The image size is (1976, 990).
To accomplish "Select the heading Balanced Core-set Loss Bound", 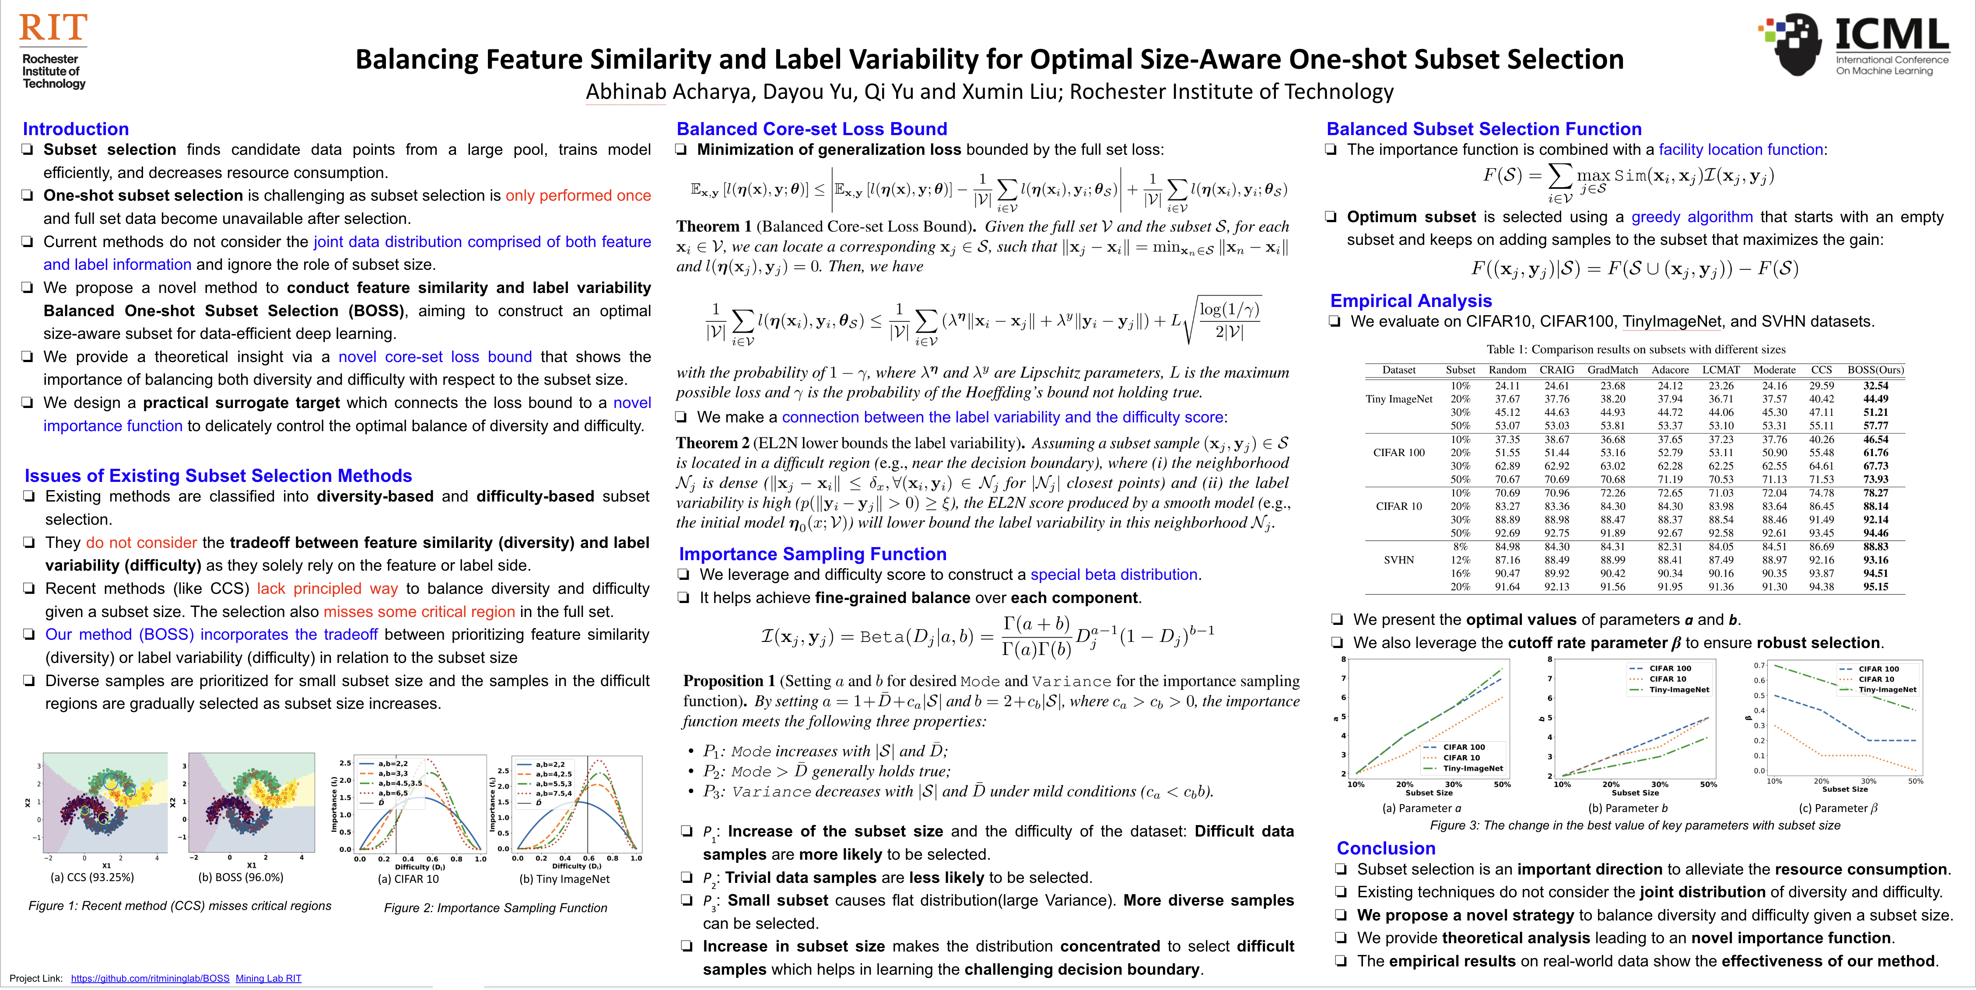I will (x=812, y=129).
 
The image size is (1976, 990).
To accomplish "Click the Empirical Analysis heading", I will (x=1411, y=300).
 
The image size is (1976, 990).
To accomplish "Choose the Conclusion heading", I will (x=1385, y=848).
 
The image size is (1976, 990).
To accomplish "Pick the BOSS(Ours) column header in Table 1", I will (x=1875, y=370).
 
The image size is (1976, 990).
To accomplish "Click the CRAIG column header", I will (x=1556, y=370).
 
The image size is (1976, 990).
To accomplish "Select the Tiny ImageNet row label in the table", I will (x=1398, y=399).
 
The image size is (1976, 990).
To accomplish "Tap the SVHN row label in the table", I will (x=1398, y=560).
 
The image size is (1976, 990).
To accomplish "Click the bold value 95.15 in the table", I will (x=1875, y=587).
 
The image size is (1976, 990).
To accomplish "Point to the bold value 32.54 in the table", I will (x=1875, y=386).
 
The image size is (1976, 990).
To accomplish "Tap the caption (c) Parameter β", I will (x=1838, y=808).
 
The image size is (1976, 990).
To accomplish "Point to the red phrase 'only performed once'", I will (x=578, y=195).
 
